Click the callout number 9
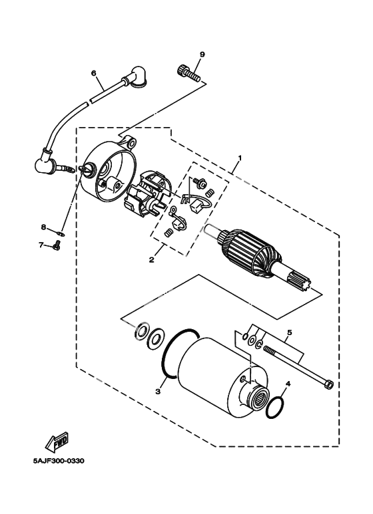tap(202, 55)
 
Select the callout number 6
tap(93, 72)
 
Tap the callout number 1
tap(240, 158)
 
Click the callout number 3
tap(158, 391)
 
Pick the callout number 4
tap(288, 383)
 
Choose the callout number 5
tap(289, 332)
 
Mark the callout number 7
tap(41, 245)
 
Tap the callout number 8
tap(43, 227)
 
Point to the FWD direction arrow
tap(58, 440)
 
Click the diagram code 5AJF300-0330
tap(59, 461)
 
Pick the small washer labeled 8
tap(61, 234)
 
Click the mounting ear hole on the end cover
tap(133, 143)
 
